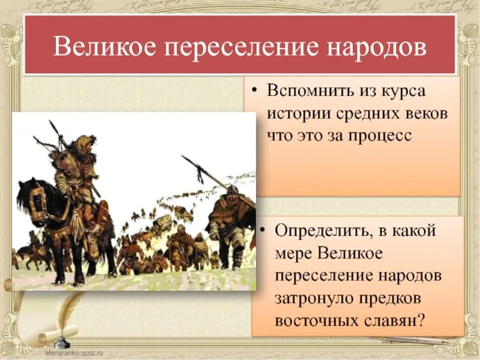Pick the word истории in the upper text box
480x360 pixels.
pos(298,114)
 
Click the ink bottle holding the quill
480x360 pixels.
pos(60,342)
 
